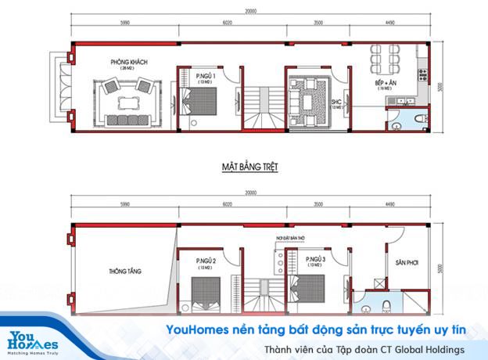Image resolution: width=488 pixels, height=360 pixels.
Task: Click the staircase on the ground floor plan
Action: click(260, 103)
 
